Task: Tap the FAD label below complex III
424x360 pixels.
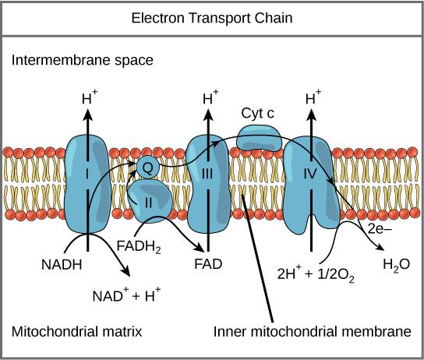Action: point(208,263)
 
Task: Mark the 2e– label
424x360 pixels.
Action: point(378,231)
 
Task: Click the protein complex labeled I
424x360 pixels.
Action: point(87,183)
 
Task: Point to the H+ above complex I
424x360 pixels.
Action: point(88,98)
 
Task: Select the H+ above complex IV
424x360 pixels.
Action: point(313,98)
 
